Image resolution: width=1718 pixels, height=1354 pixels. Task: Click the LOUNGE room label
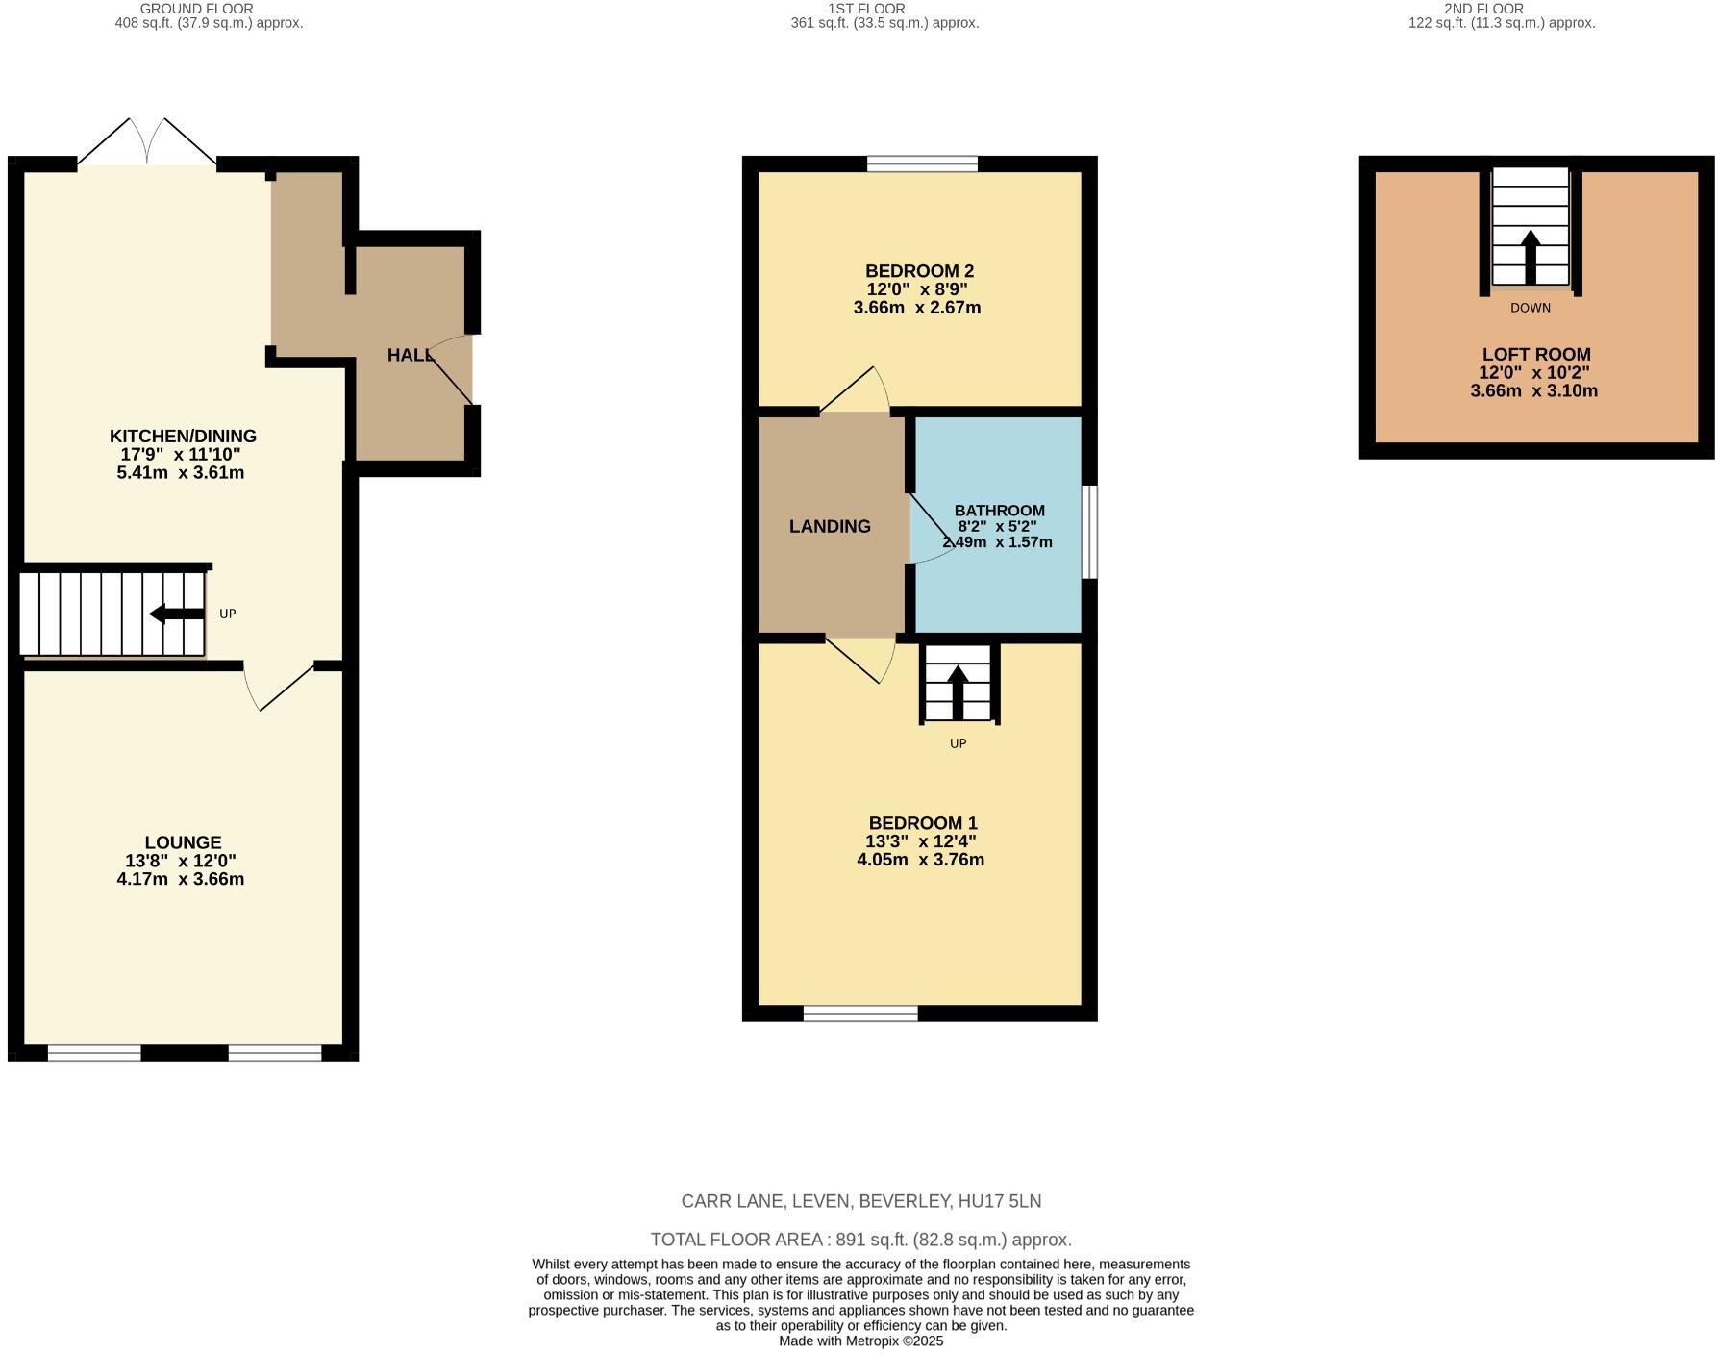pyautogui.click(x=183, y=842)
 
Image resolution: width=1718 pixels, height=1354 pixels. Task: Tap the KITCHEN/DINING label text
pyautogui.click(x=183, y=436)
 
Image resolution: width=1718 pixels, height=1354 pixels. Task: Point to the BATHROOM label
pyautogui.click(x=999, y=511)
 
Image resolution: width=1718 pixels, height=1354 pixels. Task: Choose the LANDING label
pyautogui.click(x=830, y=526)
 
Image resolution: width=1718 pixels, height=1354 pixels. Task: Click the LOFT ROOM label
pyautogui.click(x=1535, y=354)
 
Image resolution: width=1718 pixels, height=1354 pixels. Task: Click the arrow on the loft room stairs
pyautogui.click(x=1531, y=256)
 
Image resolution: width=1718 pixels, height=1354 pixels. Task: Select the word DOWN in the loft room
pyautogui.click(x=1530, y=308)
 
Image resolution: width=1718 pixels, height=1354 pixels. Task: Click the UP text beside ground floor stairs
pyautogui.click(x=227, y=614)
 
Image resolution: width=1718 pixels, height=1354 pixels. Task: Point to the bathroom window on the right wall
pyautogui.click(x=1089, y=532)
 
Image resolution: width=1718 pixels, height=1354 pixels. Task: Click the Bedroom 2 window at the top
pyautogui.click(x=922, y=163)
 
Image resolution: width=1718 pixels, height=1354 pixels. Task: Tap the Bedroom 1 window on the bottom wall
pyautogui.click(x=860, y=1013)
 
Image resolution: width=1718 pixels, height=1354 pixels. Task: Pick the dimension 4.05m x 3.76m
pyautogui.click(x=920, y=860)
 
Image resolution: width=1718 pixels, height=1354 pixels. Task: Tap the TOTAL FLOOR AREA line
pyautogui.click(x=860, y=1240)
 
